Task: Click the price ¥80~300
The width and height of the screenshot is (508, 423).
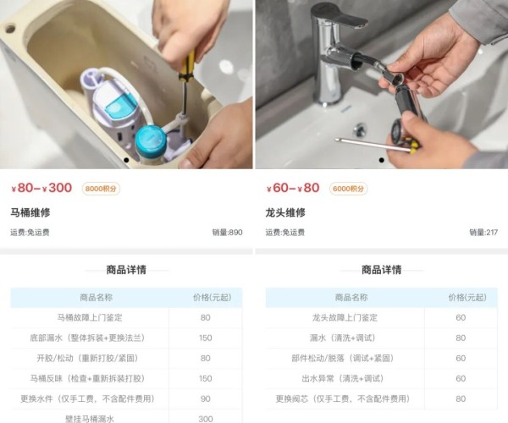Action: (x=41, y=188)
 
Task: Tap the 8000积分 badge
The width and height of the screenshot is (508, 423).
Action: (x=102, y=189)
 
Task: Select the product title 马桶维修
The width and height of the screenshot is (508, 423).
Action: (x=31, y=212)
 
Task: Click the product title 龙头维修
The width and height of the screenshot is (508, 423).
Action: (x=285, y=212)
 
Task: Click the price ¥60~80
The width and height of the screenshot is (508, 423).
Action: (x=293, y=188)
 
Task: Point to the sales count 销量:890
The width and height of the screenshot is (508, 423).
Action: (x=227, y=232)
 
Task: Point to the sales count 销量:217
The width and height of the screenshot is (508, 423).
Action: (x=483, y=232)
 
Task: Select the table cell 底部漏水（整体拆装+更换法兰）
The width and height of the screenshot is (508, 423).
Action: (x=90, y=338)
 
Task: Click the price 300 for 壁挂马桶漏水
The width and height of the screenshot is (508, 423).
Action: (x=205, y=418)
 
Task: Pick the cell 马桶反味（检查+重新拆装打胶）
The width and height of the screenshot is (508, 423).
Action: (x=90, y=378)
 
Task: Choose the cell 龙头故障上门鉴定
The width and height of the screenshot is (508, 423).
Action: (x=345, y=317)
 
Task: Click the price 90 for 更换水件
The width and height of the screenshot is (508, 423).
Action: (x=205, y=398)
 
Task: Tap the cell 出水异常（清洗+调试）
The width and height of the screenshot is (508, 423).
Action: (x=345, y=378)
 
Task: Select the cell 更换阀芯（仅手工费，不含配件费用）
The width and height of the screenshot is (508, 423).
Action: (x=345, y=398)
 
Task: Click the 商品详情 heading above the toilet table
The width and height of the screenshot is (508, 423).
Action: (x=126, y=270)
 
